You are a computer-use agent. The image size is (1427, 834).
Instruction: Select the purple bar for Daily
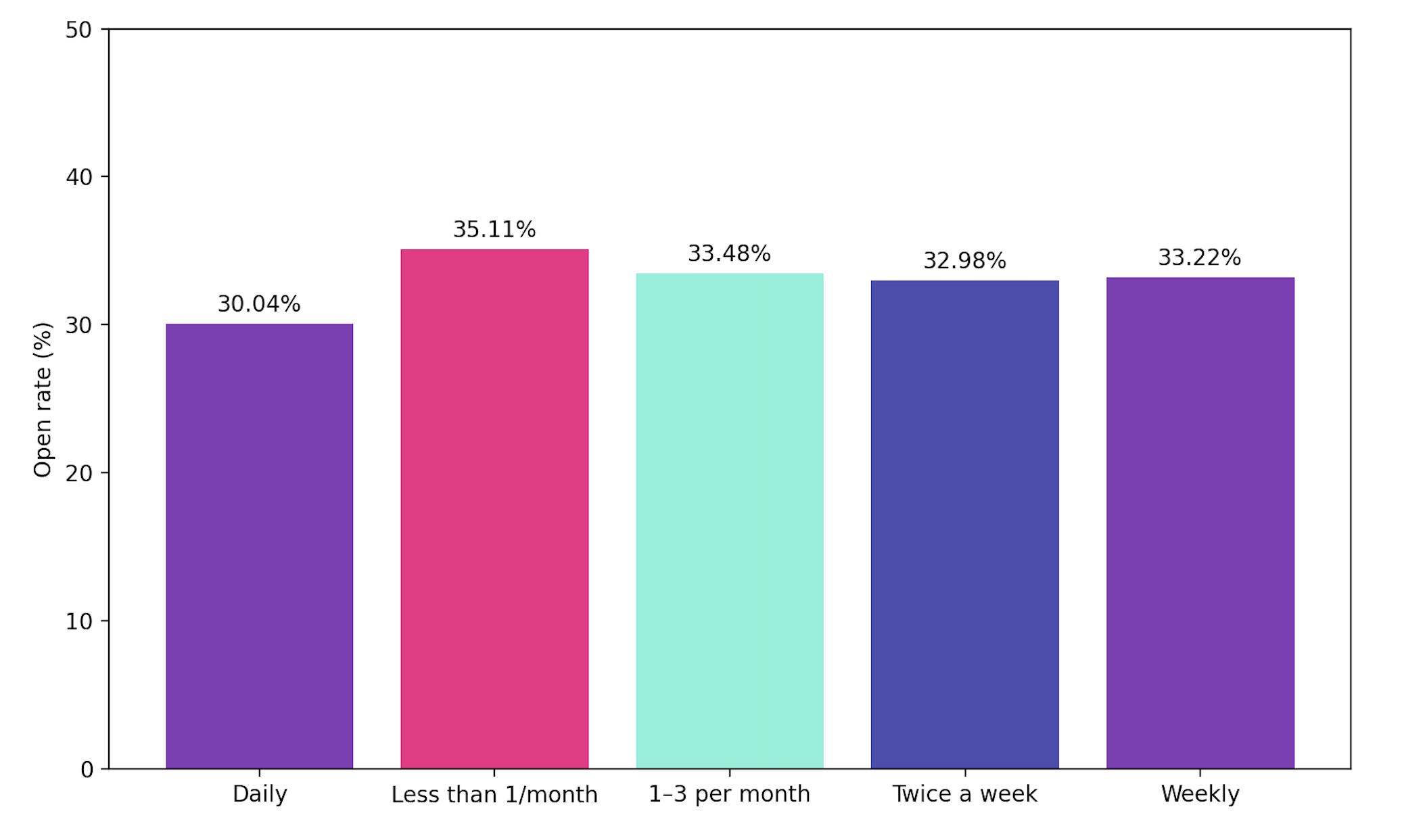(x=259, y=546)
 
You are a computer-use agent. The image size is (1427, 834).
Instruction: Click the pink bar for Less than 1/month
(x=494, y=509)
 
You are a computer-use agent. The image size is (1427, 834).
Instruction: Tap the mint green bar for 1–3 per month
(x=729, y=520)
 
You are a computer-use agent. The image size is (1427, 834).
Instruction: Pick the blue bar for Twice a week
(x=964, y=524)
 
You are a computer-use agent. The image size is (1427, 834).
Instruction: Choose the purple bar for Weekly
(x=1200, y=522)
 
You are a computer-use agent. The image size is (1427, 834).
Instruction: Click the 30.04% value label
(x=259, y=304)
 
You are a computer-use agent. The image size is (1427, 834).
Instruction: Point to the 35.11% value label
(x=494, y=230)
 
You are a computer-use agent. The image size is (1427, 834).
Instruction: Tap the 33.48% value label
(x=729, y=254)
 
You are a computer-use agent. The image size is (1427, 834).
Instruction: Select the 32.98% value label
(x=964, y=261)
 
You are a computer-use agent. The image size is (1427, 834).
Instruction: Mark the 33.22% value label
(x=1200, y=257)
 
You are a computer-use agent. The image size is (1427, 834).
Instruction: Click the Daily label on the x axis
(x=259, y=794)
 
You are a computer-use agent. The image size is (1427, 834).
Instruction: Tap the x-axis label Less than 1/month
(x=494, y=794)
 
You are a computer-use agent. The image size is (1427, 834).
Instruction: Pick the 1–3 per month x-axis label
(x=729, y=794)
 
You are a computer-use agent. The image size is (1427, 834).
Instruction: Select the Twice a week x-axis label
(x=964, y=794)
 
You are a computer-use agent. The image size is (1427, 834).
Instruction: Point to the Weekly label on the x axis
(x=1200, y=794)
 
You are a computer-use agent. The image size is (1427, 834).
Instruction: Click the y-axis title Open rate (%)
(x=43, y=399)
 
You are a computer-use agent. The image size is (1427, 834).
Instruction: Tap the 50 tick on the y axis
(x=78, y=30)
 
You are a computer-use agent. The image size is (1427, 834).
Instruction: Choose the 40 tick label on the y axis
(x=78, y=177)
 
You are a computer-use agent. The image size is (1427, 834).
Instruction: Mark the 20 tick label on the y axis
(x=78, y=473)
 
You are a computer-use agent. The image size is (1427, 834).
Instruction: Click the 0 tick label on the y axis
(x=87, y=770)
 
